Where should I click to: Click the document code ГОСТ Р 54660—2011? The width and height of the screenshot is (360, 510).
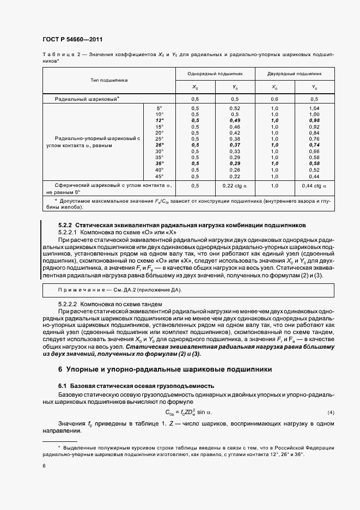pos(72,40)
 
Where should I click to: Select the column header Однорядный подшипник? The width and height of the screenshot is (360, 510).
pos(215,73)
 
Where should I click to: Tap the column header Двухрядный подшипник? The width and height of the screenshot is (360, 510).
pos(295,73)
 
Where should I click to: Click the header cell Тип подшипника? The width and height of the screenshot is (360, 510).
pos(109,80)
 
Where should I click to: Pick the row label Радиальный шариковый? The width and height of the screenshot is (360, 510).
pos(87,99)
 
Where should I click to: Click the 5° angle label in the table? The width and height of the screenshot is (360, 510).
pos(160,108)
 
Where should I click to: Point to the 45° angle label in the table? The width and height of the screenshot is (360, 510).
pos(159,177)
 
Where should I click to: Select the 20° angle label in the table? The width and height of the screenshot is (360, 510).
pos(159,133)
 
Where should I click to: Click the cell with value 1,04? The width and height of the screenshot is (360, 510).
pos(314,108)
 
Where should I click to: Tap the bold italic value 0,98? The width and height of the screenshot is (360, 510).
pos(314,120)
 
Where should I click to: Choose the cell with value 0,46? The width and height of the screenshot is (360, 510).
pos(235,127)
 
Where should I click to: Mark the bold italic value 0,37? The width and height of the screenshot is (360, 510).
pos(235,145)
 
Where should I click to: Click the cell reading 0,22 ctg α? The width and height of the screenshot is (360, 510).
pos(235,186)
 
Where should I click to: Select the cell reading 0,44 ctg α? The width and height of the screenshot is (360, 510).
pos(314,186)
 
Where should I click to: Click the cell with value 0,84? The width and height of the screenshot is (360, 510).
pos(314,133)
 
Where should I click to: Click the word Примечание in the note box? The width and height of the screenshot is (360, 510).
pos(76,289)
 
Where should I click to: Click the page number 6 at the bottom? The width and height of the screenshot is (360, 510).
pos(44,465)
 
